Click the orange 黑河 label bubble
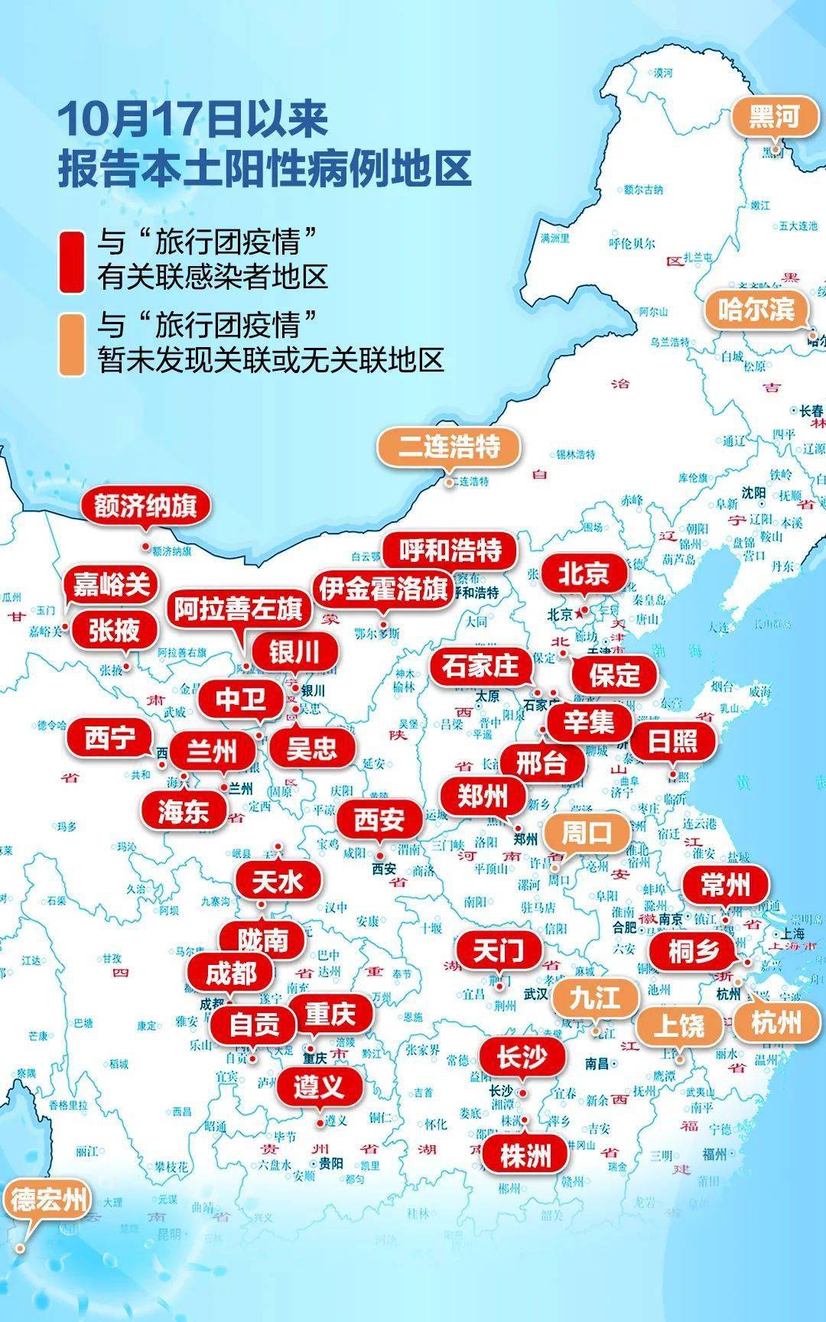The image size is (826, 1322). tap(774, 118)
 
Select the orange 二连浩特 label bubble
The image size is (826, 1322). tap(449, 447)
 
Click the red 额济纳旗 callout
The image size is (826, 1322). tap(145, 506)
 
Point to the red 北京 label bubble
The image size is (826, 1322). tap(584, 573)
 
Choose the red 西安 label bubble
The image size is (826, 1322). tap(379, 820)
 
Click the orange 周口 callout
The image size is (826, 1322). tap(587, 833)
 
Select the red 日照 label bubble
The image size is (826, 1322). tap(672, 740)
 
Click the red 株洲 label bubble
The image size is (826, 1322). tap(525, 1155)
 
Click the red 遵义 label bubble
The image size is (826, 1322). tap(318, 1086)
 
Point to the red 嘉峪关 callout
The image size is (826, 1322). tap(111, 586)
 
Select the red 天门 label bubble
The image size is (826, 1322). tap(498, 951)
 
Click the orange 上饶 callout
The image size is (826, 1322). tap(680, 1025)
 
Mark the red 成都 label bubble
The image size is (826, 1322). tap(231, 973)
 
